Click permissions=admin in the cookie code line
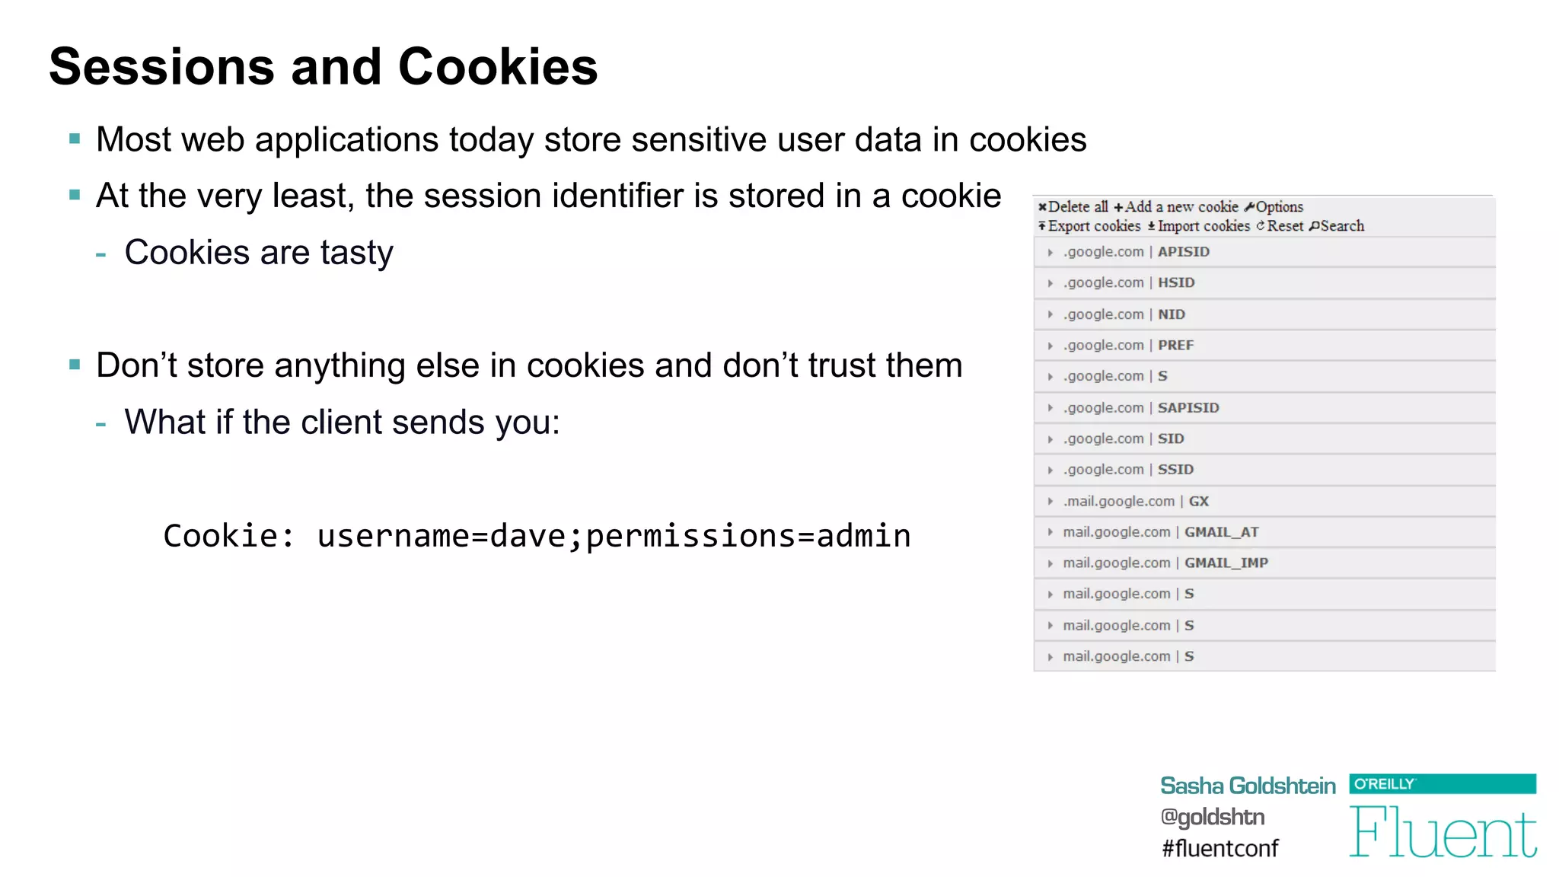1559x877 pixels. (748, 536)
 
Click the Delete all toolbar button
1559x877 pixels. (1073, 207)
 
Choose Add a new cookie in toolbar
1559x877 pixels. (1176, 207)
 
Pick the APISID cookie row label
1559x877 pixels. (1183, 252)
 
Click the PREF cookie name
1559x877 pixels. (1175, 346)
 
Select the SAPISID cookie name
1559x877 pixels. (1188, 408)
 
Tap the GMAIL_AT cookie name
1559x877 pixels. (1221, 532)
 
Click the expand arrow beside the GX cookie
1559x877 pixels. (1050, 502)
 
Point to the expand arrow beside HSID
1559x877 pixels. (1050, 283)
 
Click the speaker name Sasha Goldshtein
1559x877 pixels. (1248, 786)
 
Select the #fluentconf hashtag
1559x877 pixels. (1219, 848)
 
